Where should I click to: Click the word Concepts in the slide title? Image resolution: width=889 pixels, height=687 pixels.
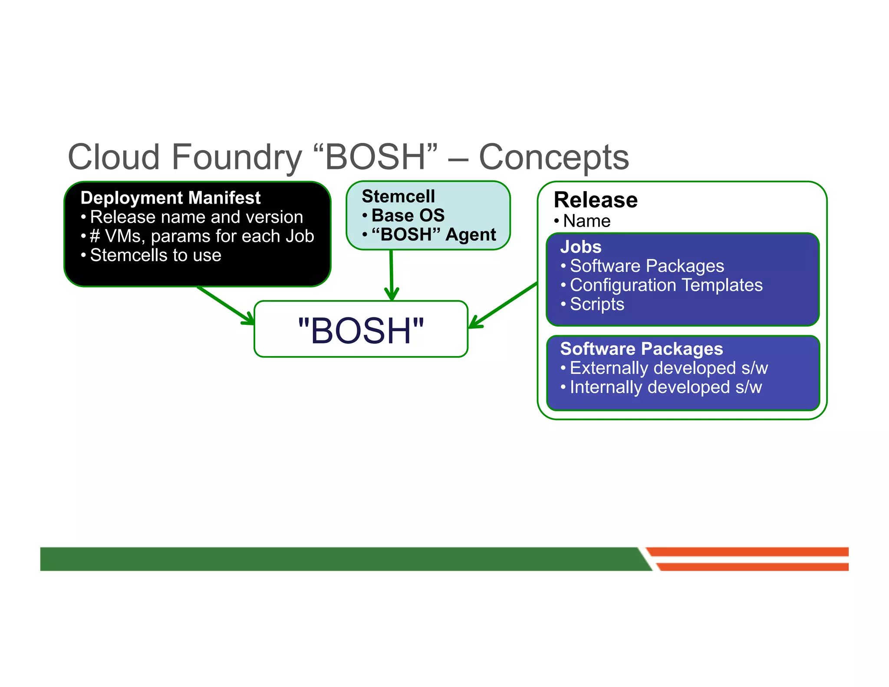point(553,157)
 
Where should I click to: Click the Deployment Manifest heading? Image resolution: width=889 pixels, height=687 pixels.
point(170,198)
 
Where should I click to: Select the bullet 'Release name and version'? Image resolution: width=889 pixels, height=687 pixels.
point(196,217)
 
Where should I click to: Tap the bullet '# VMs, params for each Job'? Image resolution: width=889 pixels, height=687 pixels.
point(201,236)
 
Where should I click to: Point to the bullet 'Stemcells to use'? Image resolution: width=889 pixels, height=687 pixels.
point(155,255)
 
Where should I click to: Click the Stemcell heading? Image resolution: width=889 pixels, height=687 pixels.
point(398,196)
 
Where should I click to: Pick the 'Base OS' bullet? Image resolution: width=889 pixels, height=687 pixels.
point(408,215)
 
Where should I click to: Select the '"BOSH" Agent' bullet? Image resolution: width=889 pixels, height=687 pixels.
point(433,235)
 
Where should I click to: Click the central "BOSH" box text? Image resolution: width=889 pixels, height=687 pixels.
point(361,331)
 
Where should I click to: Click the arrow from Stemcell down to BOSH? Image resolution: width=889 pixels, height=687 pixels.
point(392,274)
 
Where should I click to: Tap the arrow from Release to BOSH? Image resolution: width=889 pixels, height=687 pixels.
point(504,305)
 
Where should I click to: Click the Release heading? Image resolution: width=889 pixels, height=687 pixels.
point(596,200)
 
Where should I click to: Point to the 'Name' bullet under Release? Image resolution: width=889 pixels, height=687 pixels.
point(586,221)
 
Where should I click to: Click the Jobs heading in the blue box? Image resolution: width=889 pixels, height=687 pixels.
point(581,247)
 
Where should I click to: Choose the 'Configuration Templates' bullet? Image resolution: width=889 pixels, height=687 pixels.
point(666,285)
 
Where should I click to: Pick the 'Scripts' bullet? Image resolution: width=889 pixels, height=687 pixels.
point(597,304)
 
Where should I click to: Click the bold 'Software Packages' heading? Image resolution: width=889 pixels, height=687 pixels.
point(641,349)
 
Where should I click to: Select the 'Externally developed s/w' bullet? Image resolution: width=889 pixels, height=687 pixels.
point(668,368)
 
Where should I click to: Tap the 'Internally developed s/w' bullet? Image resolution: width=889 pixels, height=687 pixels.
point(665,387)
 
